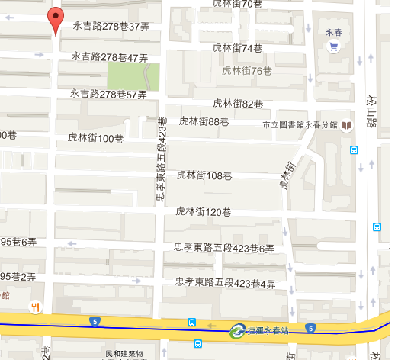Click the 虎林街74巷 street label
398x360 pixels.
pos(237,48)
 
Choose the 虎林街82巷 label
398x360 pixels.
pos(238,104)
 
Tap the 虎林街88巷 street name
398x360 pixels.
pos(204,121)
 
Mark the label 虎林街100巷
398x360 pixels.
pos(96,138)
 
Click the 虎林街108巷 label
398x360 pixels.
pos(204,175)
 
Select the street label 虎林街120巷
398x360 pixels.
pos(204,211)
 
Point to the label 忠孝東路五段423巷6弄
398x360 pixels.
pos(224,248)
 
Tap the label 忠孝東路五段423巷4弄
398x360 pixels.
pos(224,283)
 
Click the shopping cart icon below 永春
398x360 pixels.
pos(332,47)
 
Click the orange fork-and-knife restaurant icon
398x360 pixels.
pos(35,307)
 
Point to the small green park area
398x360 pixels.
pos(133,76)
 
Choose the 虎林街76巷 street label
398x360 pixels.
pos(246,71)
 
